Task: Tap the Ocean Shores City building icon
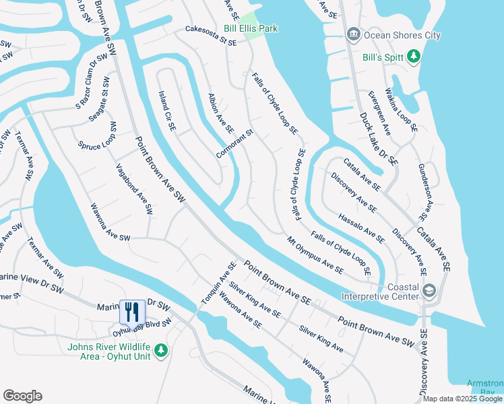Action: click(x=352, y=34)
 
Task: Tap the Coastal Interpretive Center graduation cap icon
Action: click(x=429, y=290)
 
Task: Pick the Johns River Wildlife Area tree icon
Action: click(x=160, y=350)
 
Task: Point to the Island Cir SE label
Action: click(x=166, y=110)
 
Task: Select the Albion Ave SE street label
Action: click(x=220, y=112)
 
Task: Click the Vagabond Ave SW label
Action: click(x=134, y=189)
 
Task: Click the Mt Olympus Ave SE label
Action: click(x=315, y=255)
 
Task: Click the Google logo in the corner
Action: click(x=22, y=396)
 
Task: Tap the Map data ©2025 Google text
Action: click(x=462, y=399)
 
